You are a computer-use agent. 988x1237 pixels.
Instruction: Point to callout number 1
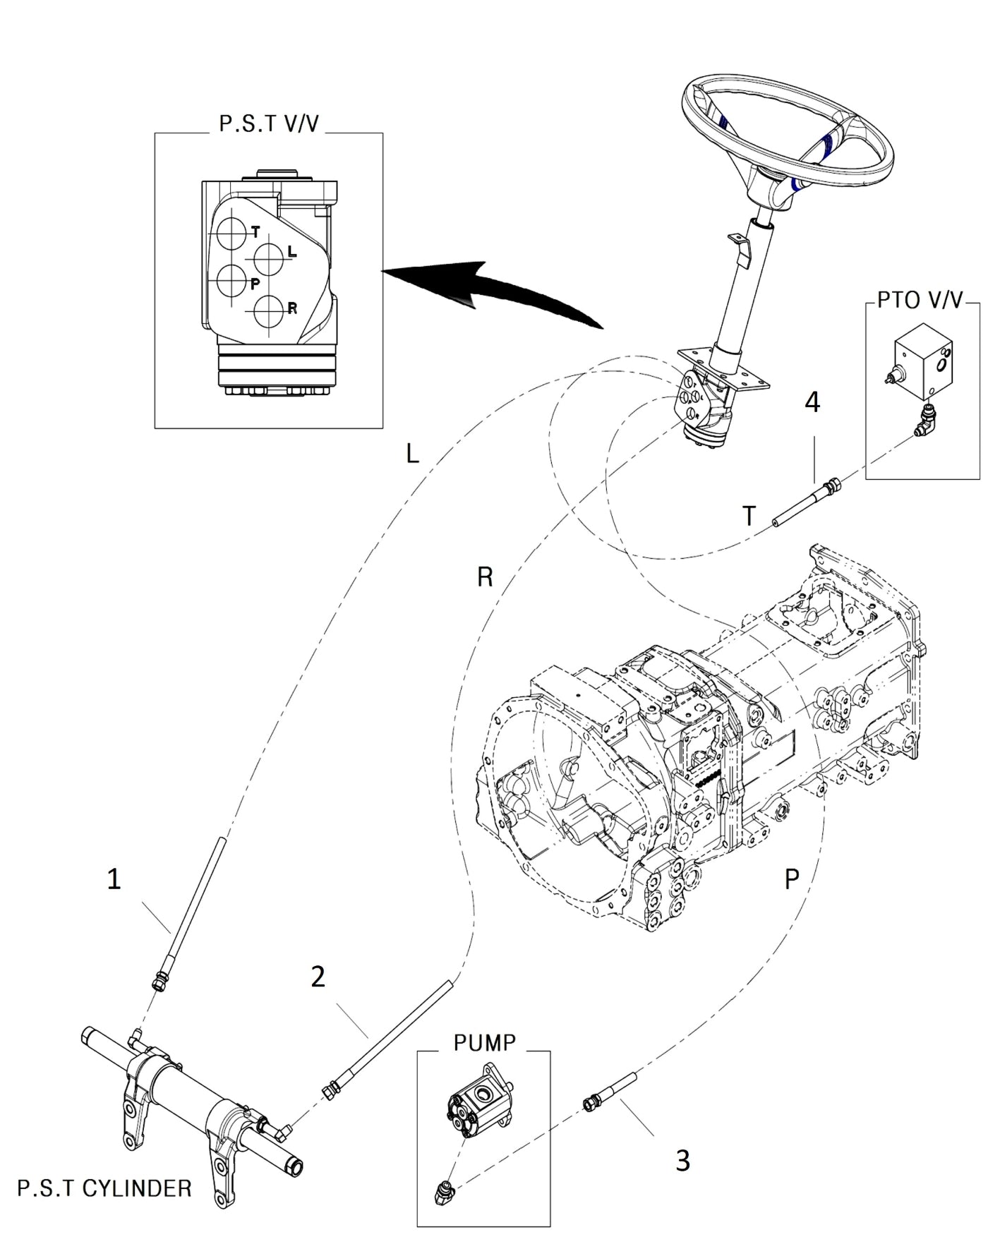(x=114, y=879)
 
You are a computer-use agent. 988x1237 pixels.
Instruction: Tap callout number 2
(x=318, y=977)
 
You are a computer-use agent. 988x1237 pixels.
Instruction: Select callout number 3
(x=682, y=1159)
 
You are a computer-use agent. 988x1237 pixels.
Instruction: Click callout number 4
(x=813, y=403)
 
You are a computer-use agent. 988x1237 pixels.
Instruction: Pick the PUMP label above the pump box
(x=485, y=1042)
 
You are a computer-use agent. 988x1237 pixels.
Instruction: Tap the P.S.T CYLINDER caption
(x=104, y=1188)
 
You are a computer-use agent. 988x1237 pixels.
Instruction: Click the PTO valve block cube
(x=922, y=357)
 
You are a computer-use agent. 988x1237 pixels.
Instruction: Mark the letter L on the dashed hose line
(x=413, y=453)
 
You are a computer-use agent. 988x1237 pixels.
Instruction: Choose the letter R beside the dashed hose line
(x=485, y=577)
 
